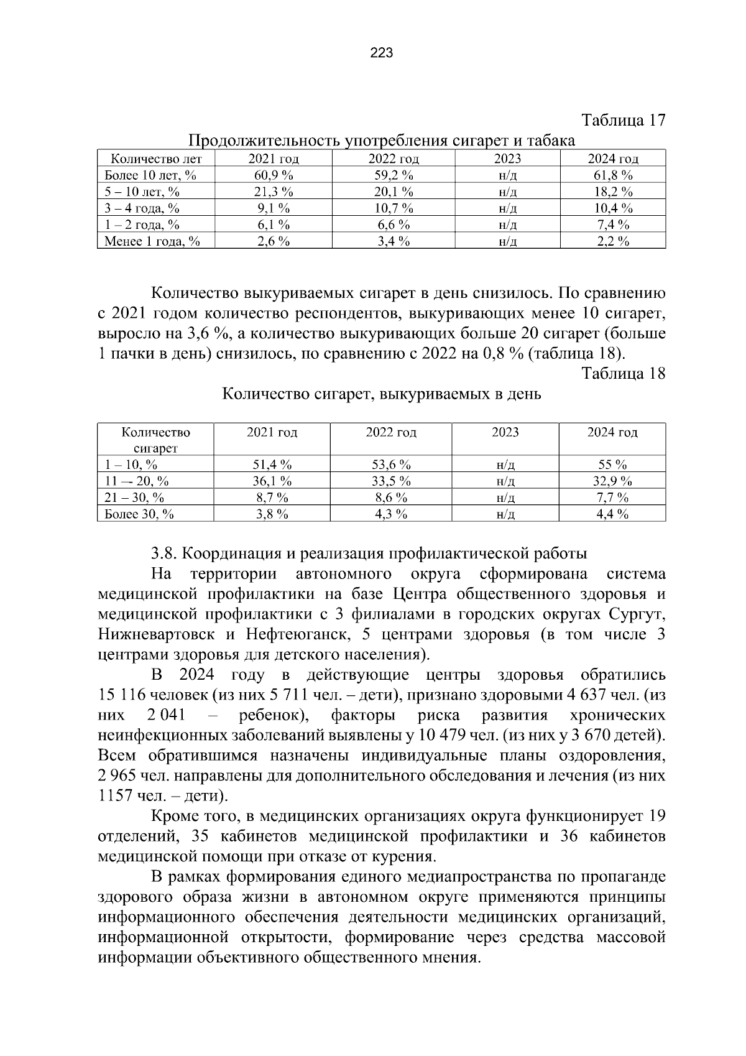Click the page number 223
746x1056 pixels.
click(381, 53)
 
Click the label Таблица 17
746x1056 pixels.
click(623, 120)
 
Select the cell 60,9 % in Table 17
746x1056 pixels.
click(274, 175)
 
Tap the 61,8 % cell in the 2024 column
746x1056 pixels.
click(612, 175)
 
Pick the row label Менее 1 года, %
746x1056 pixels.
click(152, 241)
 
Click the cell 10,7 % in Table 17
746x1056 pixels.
click(394, 208)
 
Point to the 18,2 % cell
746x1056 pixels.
click(612, 192)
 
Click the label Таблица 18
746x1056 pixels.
click(623, 373)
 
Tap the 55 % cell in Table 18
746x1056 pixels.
click(612, 465)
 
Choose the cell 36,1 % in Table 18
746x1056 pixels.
click(272, 481)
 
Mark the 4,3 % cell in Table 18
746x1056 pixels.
click(392, 514)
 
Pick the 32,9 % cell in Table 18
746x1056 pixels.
click(612, 481)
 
